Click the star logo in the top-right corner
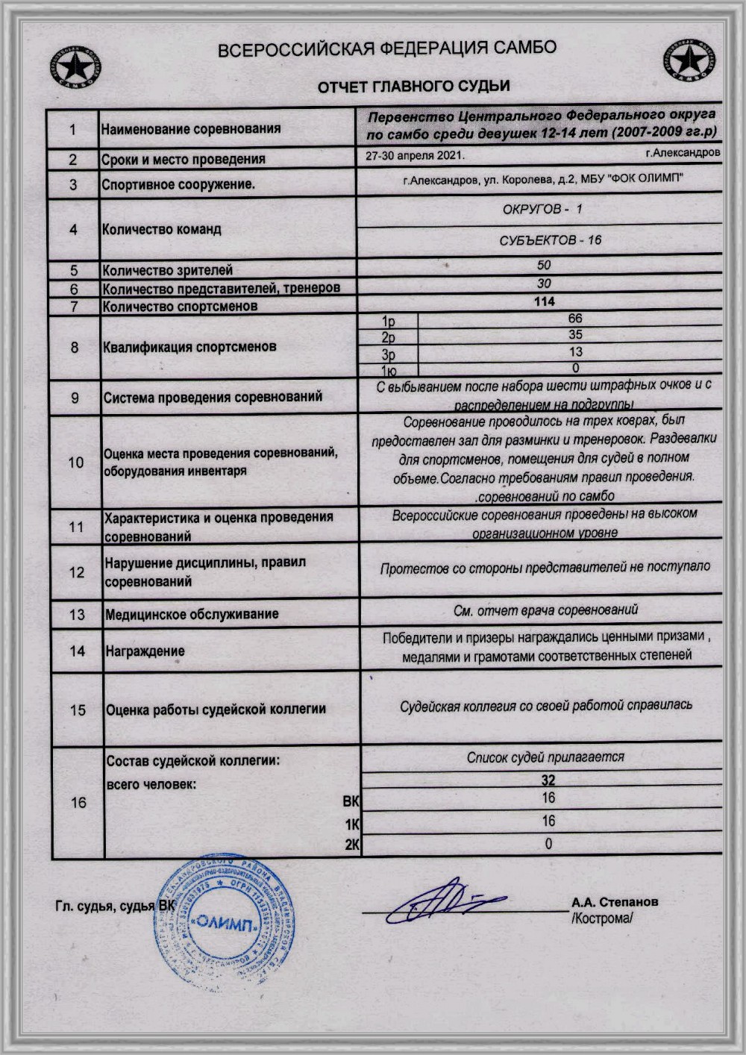pos(688,61)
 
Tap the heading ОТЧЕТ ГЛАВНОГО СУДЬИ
pos(413,87)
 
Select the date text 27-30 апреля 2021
pos(415,156)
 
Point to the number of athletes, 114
pos(544,301)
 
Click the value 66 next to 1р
pos(574,319)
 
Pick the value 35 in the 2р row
pos(574,335)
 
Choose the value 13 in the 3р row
pos(574,351)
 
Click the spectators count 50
pos(544,265)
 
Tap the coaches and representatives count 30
pos(544,284)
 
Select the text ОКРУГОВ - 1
pos(542,210)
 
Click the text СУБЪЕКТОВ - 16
pos(550,240)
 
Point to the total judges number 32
pos(548,780)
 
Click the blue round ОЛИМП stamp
pos(225,922)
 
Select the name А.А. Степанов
pos(615,902)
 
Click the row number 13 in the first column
pos(77,615)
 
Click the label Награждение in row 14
pos(145,651)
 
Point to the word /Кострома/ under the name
pos(602,918)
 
